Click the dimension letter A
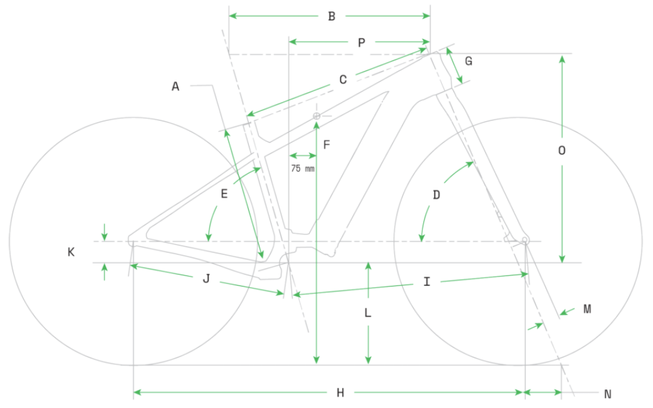[x=176, y=86]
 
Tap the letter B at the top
[x=332, y=16]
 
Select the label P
[x=361, y=43]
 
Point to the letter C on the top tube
[x=343, y=80]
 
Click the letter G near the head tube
[x=469, y=61]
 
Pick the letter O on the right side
[x=561, y=151]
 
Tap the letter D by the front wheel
[x=436, y=195]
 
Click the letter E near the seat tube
[x=224, y=194]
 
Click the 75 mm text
[x=303, y=169]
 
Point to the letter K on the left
[x=71, y=252]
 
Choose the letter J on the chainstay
[x=206, y=279]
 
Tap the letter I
[x=427, y=282]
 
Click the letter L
[x=368, y=313]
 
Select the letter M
[x=587, y=309]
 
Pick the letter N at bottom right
[x=607, y=393]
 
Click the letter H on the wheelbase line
[x=340, y=393]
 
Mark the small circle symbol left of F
[x=317, y=116]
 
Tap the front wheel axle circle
[x=524, y=239]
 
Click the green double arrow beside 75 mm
[x=303, y=156]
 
